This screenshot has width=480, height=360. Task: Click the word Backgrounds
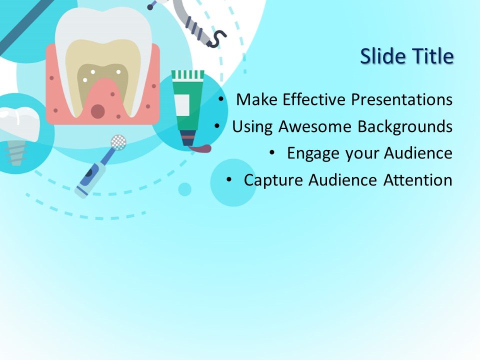[405, 126]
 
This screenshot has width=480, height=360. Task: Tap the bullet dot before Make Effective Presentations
[221, 99]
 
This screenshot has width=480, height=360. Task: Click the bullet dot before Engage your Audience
[271, 152]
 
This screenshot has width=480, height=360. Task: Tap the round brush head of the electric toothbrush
[118, 142]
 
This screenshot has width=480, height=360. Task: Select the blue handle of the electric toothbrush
[90, 175]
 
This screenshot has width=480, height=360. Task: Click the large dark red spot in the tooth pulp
[98, 111]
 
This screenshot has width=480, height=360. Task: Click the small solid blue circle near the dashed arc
[185, 189]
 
